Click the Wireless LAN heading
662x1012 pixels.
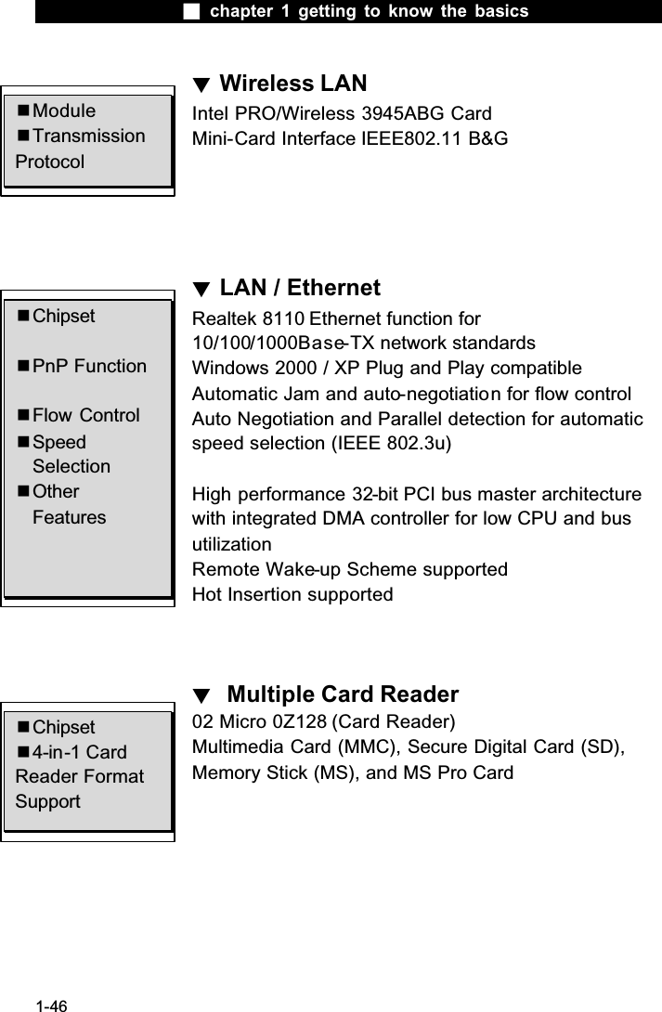(292, 84)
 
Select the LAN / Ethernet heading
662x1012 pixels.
(299, 289)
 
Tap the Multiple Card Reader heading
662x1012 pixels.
(343, 694)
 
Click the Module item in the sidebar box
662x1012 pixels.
(63, 111)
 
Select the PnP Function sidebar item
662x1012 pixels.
(89, 366)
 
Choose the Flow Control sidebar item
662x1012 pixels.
(85, 415)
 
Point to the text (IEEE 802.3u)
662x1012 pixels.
(391, 442)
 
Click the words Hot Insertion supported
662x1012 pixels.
(292, 593)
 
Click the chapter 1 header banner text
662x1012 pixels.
(369, 11)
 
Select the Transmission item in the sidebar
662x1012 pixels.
(88, 136)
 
